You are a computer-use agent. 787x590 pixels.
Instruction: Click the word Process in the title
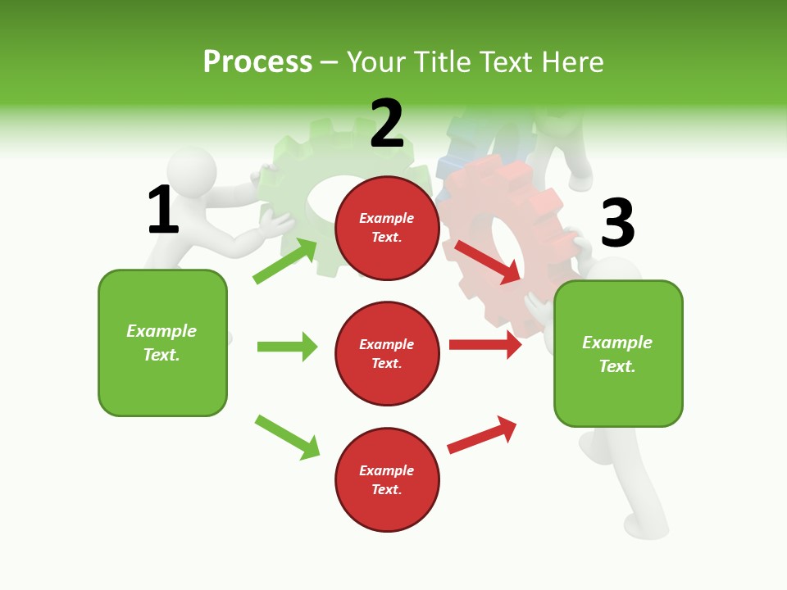click(257, 61)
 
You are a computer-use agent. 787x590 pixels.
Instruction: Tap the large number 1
click(163, 210)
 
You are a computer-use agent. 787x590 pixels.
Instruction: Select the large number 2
click(387, 124)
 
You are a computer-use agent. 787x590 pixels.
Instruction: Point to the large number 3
click(618, 223)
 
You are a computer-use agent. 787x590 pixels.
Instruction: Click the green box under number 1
click(162, 343)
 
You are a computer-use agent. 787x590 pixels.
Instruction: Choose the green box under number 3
click(618, 353)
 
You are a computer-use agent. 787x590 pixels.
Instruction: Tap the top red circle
click(387, 228)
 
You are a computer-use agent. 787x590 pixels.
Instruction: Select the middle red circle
click(387, 353)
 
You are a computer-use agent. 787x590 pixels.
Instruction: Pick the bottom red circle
click(387, 479)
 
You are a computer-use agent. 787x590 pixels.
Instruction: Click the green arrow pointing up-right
click(285, 261)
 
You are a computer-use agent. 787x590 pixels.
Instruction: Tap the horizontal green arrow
click(287, 347)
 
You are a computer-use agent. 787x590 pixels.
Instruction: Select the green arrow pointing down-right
click(287, 437)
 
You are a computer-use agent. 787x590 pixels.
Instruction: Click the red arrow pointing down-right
click(489, 261)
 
